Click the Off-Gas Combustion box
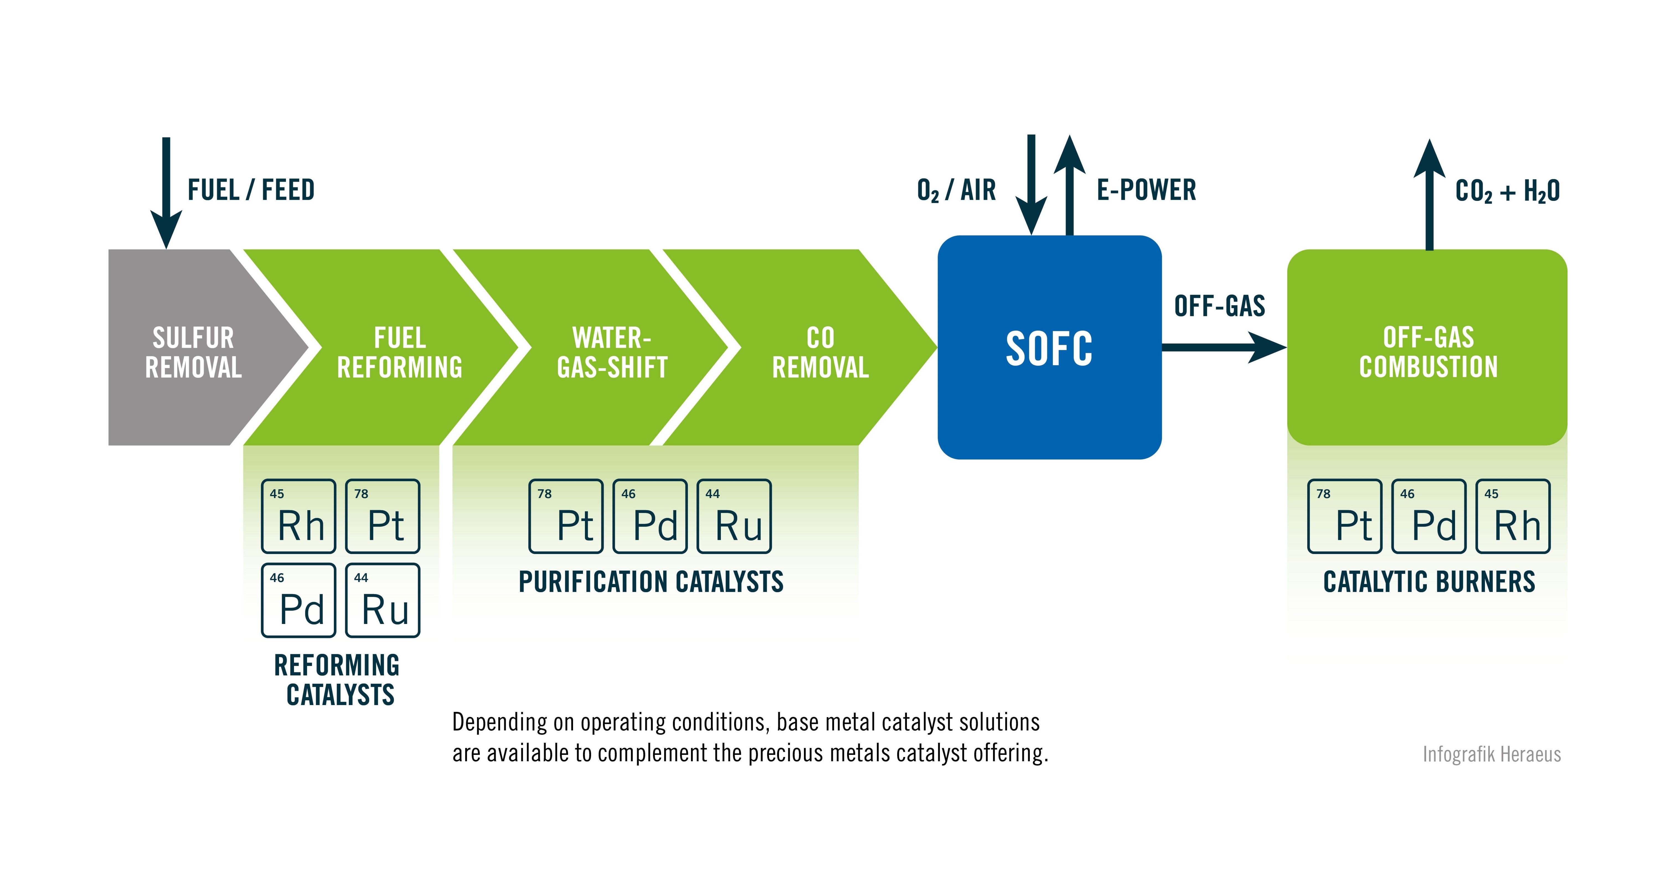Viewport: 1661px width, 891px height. pos(1427,348)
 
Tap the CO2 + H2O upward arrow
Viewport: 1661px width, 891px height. pos(1429,193)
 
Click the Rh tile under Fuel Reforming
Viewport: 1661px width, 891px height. pos(298,516)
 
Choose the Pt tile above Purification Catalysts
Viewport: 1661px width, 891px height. pos(566,516)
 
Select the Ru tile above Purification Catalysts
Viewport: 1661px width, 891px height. pos(734,516)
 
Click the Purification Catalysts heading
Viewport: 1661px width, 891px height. pos(651,582)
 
